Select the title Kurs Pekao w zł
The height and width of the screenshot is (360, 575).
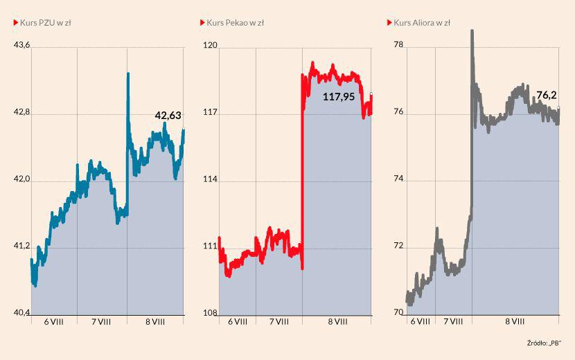(235, 23)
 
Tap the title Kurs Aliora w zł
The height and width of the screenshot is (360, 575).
(422, 23)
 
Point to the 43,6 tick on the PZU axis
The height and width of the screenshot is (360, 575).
(22, 46)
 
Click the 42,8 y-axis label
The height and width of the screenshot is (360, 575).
(22, 113)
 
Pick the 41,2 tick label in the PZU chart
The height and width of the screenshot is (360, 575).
(22, 246)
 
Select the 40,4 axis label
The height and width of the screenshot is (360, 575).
(22, 313)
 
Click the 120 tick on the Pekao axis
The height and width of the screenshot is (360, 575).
(209, 46)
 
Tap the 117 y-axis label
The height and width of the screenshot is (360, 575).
(209, 113)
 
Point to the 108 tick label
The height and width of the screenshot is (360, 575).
(209, 313)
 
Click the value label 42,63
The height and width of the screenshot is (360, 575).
(168, 116)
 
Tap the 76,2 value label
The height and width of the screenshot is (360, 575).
(547, 95)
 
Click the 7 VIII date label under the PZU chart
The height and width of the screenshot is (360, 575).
(100, 322)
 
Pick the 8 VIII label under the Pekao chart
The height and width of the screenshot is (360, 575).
(337, 322)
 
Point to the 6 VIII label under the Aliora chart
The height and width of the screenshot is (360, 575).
(420, 322)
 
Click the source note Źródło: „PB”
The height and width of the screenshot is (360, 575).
(543, 343)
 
